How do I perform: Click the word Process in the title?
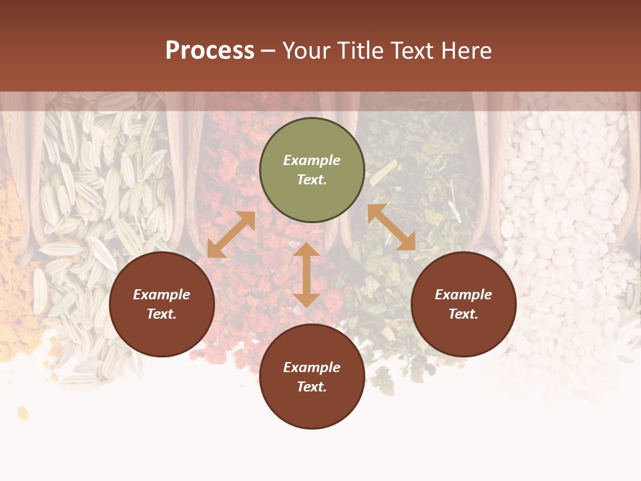pos(210,51)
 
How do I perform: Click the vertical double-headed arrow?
pos(306,275)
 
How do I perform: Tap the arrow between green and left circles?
pos(231,234)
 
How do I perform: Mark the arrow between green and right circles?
pos(391,227)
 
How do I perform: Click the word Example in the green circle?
pos(312,160)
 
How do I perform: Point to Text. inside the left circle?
pos(162,314)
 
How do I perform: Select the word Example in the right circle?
pos(463,295)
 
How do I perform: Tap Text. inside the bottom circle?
pos(312,387)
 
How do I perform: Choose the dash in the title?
pos(268,51)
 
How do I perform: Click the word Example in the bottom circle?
pos(312,367)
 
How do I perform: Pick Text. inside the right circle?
pos(463,314)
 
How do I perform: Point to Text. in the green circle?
pos(312,180)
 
